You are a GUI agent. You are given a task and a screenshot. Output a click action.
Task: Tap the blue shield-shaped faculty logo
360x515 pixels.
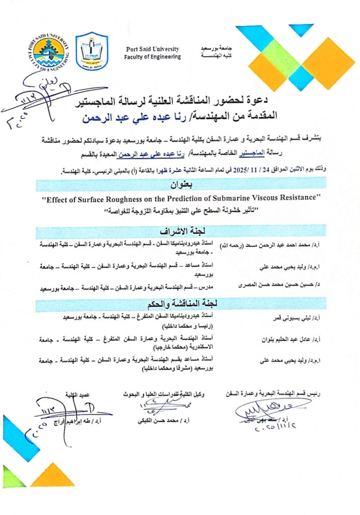pyautogui.click(x=92, y=51)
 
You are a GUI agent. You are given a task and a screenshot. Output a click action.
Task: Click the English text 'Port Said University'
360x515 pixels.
pyautogui.click(x=153, y=49)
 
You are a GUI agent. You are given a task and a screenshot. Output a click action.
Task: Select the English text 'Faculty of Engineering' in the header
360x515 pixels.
pyautogui.click(x=153, y=57)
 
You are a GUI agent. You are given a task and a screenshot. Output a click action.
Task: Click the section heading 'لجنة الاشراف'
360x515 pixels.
pyautogui.click(x=180, y=232)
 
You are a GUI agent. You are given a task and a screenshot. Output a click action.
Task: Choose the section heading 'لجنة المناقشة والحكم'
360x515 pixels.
pyautogui.click(x=180, y=303)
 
